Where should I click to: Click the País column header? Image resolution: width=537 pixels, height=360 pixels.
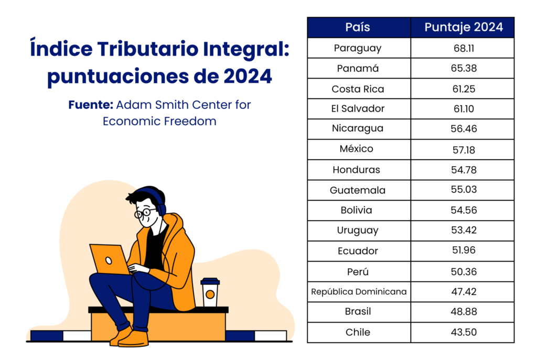[x=358, y=27]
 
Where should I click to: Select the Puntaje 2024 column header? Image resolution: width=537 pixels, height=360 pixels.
[x=464, y=27]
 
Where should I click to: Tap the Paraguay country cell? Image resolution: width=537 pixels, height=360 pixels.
[x=358, y=48]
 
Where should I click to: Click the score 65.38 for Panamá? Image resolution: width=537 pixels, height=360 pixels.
[x=464, y=68]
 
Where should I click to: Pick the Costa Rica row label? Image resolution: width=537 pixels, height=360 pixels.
[x=358, y=89]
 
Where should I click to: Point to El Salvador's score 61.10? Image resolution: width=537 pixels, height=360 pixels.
[x=464, y=109]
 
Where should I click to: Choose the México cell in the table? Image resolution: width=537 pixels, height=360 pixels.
[x=357, y=148]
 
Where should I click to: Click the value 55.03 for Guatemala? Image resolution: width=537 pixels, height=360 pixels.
[x=464, y=189]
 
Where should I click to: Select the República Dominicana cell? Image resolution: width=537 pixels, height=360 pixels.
[x=359, y=291]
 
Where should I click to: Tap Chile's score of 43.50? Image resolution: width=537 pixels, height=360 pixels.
[x=464, y=332]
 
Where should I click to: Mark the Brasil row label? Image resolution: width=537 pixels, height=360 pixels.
[x=358, y=311]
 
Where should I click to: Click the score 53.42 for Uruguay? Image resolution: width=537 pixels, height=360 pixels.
[x=464, y=230]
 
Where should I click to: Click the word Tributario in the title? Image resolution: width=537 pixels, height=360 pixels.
[x=148, y=49]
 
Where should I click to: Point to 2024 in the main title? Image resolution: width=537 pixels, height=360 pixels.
[x=248, y=76]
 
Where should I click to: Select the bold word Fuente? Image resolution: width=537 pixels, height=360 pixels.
[x=90, y=105]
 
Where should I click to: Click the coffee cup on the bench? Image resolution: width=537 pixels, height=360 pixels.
[x=210, y=292]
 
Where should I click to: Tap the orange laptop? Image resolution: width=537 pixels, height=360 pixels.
[x=110, y=259]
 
